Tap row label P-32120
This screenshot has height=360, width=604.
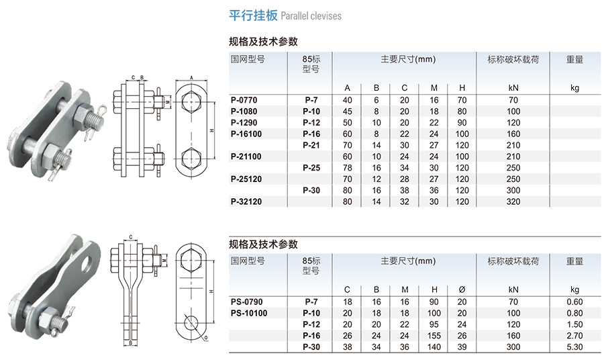click(x=246, y=201)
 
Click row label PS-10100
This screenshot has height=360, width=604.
click(x=248, y=313)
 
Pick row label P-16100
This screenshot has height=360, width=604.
click(x=246, y=134)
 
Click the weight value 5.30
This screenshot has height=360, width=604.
click(x=574, y=347)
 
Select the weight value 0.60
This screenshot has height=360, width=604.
click(x=574, y=302)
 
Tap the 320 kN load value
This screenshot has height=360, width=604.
click(x=513, y=201)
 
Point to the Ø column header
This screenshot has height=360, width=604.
click(x=462, y=289)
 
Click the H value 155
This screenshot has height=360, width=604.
click(x=434, y=336)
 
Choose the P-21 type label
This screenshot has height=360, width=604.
click(x=311, y=145)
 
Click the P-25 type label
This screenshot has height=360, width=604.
click(x=311, y=168)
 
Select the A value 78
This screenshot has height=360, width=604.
click(x=347, y=168)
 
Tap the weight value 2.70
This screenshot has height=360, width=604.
click(x=574, y=336)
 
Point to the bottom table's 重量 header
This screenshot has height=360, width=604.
click(x=574, y=261)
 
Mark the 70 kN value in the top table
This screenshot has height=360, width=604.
click(x=513, y=100)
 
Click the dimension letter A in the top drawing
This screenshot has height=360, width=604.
click(x=192, y=78)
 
